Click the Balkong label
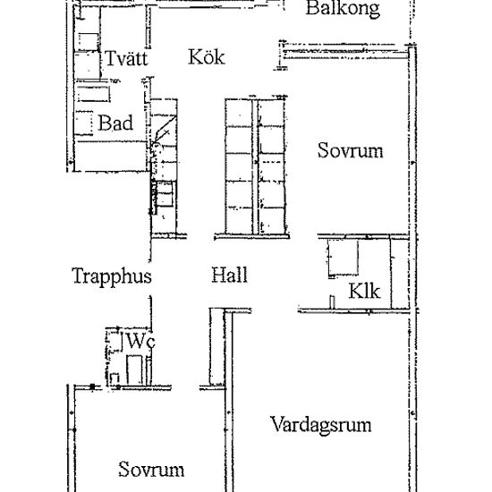(x=343, y=10)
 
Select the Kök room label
(x=207, y=57)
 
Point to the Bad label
(x=115, y=123)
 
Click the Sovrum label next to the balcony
(x=350, y=150)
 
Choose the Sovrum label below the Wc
(x=151, y=470)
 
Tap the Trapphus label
(x=111, y=276)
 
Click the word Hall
(x=229, y=276)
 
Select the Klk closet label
(x=364, y=292)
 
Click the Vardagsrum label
(x=320, y=424)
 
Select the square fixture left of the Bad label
(x=84, y=123)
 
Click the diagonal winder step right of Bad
(x=161, y=134)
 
